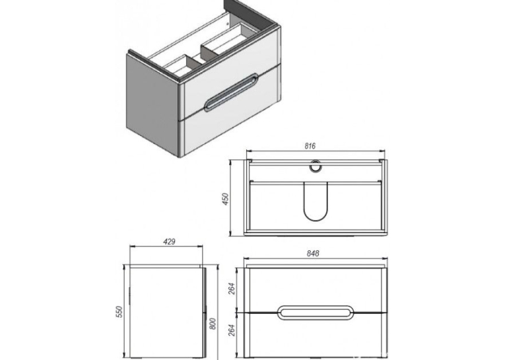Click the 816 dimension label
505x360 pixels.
[310, 146]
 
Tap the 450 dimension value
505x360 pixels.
[225, 199]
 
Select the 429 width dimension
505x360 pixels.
[170, 241]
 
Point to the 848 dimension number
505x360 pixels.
[313, 254]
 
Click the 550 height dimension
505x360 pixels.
[119, 312]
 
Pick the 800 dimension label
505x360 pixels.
[213, 324]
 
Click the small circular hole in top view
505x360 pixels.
[315, 166]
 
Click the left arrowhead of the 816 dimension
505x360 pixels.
[249, 151]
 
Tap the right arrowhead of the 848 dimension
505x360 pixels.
[385, 258]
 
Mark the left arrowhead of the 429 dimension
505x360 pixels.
[132, 246]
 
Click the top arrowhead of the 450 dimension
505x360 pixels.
[230, 162]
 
